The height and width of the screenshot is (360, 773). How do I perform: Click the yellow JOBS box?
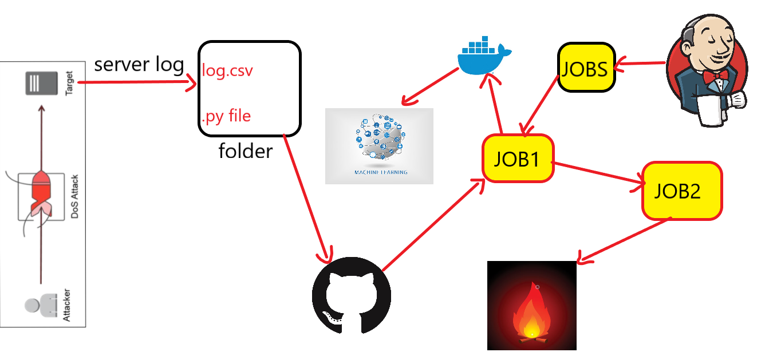point(586,68)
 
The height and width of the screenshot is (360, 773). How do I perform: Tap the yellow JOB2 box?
point(681,191)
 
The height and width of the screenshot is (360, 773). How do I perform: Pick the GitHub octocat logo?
point(351,296)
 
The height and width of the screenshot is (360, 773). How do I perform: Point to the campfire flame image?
point(531,306)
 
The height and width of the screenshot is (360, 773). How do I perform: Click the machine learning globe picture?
point(379,146)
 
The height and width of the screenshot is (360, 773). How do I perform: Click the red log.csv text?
point(227,72)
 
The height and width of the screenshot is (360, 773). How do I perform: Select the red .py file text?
point(226,116)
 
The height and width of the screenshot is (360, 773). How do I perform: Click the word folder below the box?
point(246,151)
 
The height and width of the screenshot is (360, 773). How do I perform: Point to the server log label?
point(139,64)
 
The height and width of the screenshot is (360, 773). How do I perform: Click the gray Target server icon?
point(41,84)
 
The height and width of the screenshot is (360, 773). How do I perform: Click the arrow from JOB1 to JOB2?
point(598,175)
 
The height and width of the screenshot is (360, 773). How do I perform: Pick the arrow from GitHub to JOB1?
point(432,226)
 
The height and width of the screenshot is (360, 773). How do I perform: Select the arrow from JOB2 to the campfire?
point(624,240)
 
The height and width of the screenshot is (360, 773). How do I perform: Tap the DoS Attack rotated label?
point(74,197)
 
